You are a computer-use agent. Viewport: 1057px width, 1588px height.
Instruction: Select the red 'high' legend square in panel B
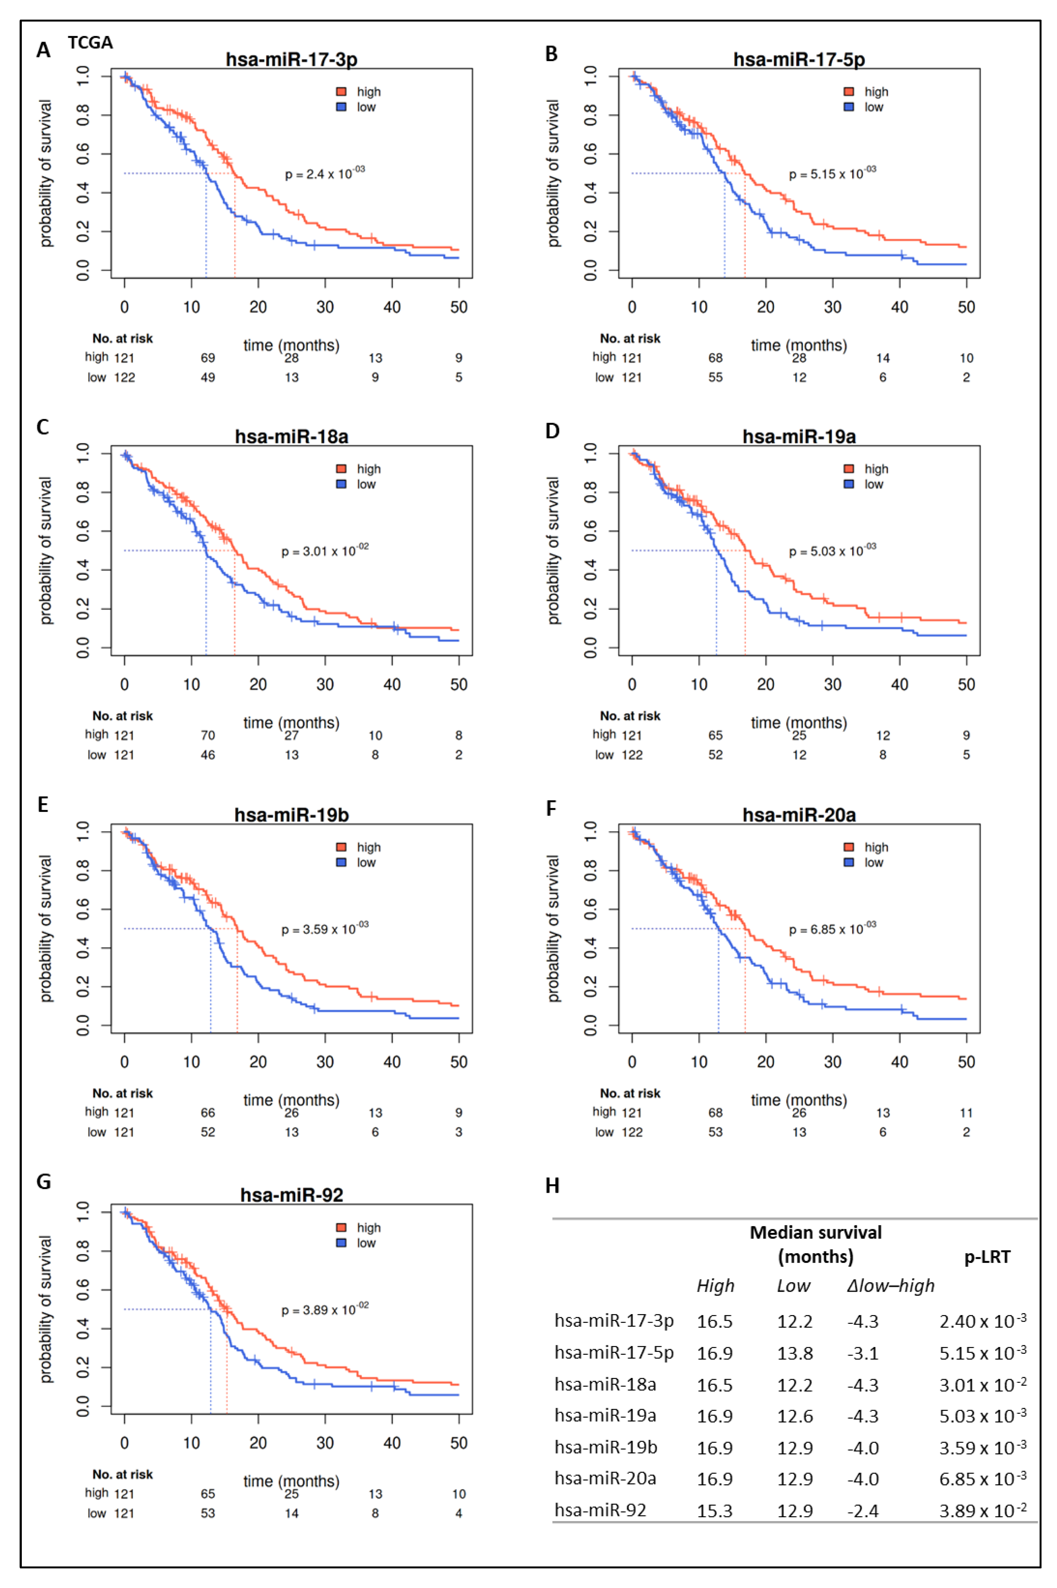(849, 92)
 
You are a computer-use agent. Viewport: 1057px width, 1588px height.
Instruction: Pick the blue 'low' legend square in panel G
(341, 1243)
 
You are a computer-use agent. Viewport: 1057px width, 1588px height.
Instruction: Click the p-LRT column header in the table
(987, 1256)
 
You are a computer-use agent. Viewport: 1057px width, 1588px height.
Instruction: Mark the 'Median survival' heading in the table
(816, 1233)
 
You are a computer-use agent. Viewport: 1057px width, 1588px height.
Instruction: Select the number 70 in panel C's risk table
(208, 735)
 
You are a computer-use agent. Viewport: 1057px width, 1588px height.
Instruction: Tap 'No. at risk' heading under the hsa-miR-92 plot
(123, 1474)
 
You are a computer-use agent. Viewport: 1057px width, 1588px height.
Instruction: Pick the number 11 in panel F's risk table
(966, 1113)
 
